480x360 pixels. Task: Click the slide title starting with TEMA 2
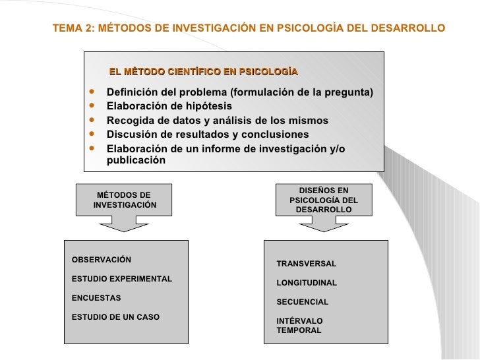click(x=249, y=29)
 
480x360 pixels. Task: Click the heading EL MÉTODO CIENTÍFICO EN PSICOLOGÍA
click(x=204, y=71)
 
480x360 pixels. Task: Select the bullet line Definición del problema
click(x=239, y=91)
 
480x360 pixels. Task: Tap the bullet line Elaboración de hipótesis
click(x=169, y=105)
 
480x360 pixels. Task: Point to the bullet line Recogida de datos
click(x=217, y=120)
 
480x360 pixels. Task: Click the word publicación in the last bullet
click(x=136, y=160)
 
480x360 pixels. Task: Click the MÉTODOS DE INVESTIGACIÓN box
click(x=125, y=200)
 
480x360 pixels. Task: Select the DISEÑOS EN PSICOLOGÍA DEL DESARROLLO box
click(x=324, y=199)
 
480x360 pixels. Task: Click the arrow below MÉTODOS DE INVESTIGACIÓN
click(x=125, y=224)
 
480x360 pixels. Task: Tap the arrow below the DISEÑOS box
click(x=324, y=224)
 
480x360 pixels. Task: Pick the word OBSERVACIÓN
click(x=101, y=259)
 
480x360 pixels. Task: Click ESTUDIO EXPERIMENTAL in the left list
click(x=121, y=279)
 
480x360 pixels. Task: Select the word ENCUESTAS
click(x=96, y=298)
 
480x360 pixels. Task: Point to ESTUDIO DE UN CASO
click(x=115, y=317)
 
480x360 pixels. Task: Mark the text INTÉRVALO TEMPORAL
click(x=299, y=326)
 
